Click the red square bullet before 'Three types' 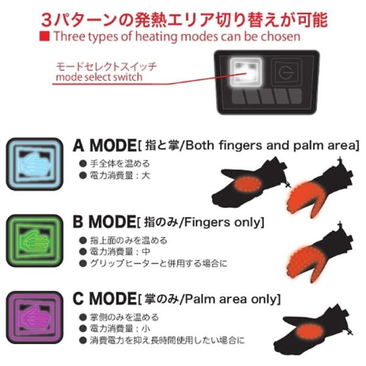pos(43,37)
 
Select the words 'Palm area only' pos(239,300)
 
